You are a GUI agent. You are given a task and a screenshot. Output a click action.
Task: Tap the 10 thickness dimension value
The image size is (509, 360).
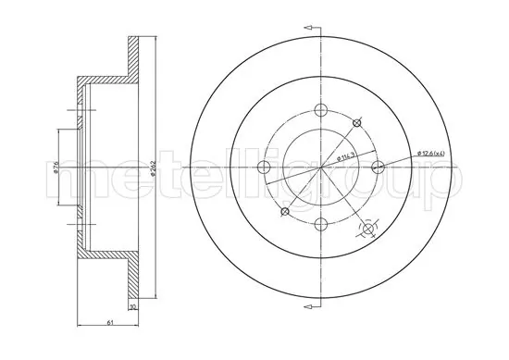133,308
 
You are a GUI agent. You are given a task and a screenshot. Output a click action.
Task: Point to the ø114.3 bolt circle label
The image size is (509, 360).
347,157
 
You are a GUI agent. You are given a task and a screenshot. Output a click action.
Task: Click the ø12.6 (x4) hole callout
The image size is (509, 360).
436,153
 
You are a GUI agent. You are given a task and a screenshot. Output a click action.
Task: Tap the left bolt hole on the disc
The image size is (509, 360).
262,167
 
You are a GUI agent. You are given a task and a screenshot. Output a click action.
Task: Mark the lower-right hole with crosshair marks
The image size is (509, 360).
368,228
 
